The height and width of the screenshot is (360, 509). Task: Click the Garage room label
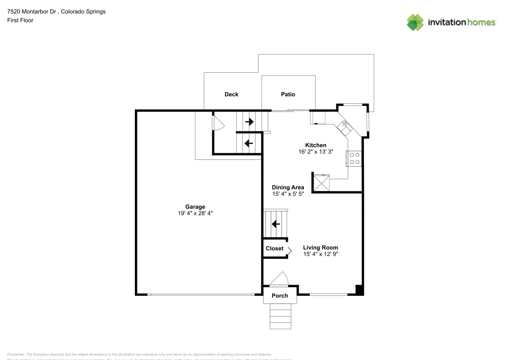(x=195, y=207)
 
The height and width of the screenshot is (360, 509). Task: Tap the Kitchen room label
(x=316, y=145)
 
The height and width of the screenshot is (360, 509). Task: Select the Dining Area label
(x=288, y=187)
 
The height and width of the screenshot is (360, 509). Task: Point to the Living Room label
(x=320, y=247)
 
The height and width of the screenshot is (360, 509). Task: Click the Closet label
(x=274, y=248)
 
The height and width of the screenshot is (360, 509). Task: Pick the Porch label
(x=279, y=295)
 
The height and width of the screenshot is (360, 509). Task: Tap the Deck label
(x=232, y=94)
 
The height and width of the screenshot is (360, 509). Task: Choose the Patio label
(x=288, y=94)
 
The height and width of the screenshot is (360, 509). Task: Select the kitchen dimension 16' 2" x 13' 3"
(x=316, y=152)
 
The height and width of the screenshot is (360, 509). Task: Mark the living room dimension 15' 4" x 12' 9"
(x=321, y=254)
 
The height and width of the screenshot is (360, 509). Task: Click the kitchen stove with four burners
(x=354, y=159)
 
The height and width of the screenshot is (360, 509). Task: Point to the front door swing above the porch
(x=279, y=280)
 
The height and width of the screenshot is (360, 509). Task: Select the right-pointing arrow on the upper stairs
(x=249, y=122)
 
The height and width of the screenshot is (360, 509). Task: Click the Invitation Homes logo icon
(x=415, y=22)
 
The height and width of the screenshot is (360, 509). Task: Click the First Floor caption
(x=20, y=20)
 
